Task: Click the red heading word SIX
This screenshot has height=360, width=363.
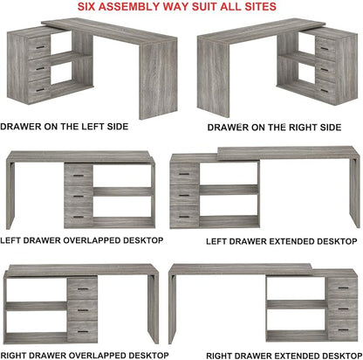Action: pos(86,6)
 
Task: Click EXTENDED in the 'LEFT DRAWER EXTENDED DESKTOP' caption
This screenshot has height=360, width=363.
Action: pos(291,241)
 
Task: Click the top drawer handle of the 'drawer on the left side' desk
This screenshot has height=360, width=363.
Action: pos(40,47)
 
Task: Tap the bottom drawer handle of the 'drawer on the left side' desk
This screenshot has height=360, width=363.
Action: pos(40,90)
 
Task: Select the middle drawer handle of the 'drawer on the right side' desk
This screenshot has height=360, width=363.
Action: pos(325,70)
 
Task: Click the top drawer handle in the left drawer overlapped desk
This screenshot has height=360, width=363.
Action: pos(79,176)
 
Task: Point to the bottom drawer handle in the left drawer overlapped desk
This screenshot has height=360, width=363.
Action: pos(79,217)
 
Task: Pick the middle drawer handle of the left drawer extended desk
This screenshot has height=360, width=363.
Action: pos(184,195)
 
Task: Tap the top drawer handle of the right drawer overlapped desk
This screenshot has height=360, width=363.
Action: pos(83,289)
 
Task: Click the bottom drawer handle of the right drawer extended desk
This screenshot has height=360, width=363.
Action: pos(344,330)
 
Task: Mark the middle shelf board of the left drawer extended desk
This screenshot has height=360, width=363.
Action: pos(229,190)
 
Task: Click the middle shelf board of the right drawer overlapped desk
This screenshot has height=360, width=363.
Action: pos(37,306)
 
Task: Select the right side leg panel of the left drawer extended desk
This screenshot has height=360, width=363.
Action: pos(355,190)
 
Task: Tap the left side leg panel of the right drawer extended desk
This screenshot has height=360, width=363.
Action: pos(173,305)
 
